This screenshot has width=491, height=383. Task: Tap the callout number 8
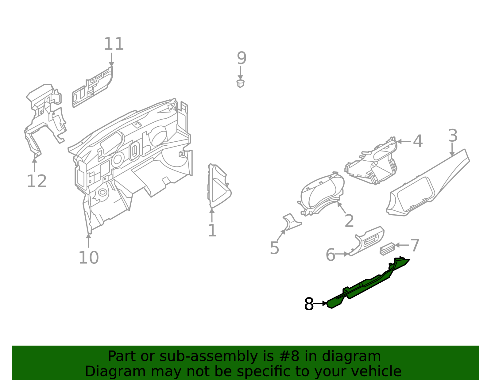pyautogui.click(x=309, y=304)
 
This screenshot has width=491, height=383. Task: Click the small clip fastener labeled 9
pyautogui.click(x=241, y=83)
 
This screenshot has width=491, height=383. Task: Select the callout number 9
pyautogui.click(x=242, y=58)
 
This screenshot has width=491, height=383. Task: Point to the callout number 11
pyautogui.click(x=114, y=44)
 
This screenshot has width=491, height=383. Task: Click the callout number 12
pyautogui.click(x=37, y=181)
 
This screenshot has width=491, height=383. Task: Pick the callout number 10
pyautogui.click(x=88, y=258)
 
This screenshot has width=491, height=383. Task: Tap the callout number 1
pyautogui.click(x=212, y=231)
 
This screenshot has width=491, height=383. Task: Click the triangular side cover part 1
pyautogui.click(x=218, y=187)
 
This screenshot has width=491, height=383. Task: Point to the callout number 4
pyautogui.click(x=418, y=141)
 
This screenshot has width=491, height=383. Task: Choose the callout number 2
pyautogui.click(x=349, y=221)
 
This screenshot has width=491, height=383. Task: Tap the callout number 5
pyautogui.click(x=274, y=248)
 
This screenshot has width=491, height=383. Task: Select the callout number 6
pyautogui.click(x=330, y=255)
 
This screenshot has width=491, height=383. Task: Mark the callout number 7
pyautogui.click(x=415, y=246)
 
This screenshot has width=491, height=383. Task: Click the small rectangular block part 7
pyautogui.click(x=387, y=248)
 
